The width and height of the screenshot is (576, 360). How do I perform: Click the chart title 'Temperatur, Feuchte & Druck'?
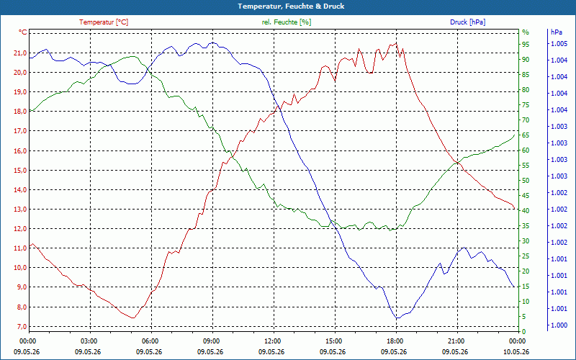tap(291, 6)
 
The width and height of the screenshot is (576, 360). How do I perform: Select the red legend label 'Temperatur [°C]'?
tap(104, 22)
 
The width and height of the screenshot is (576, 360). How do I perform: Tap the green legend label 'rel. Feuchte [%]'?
tap(286, 22)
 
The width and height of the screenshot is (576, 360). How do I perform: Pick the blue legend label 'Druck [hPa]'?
tap(467, 22)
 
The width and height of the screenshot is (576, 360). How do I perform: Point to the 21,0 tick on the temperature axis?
tap(20, 53)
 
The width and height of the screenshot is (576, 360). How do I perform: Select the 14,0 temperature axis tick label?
tap(20, 190)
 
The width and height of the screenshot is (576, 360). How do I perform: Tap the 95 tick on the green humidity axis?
tap(526, 45)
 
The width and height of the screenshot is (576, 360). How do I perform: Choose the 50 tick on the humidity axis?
tap(526, 181)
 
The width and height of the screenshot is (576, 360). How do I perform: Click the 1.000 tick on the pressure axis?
tap(559, 325)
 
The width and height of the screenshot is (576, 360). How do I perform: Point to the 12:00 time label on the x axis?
tap(273, 341)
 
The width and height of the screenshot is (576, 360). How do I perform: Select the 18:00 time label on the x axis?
tap(395, 341)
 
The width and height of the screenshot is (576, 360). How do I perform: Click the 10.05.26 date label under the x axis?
tap(516, 351)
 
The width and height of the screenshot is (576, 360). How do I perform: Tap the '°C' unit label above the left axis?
tap(23, 32)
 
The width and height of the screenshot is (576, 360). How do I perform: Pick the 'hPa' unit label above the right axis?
tap(557, 32)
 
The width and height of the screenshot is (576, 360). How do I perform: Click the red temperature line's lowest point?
tap(133, 318)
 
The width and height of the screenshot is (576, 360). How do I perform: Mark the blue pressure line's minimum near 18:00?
tap(397, 318)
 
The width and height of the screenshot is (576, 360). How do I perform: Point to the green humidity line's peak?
tap(133, 56)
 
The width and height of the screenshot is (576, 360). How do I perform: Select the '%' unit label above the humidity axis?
tap(526, 32)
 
